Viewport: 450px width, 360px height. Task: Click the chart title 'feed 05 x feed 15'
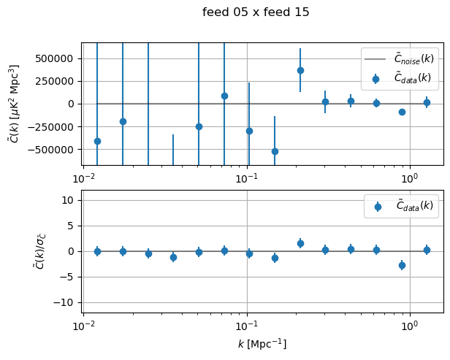256,12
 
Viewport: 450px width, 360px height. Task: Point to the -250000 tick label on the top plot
56,126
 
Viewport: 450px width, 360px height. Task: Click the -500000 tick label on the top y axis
56,149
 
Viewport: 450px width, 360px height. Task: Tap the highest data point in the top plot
300,70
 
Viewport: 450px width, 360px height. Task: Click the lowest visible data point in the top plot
275,151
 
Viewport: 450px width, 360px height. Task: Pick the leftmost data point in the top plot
97,141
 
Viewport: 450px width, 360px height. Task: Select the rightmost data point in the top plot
427,102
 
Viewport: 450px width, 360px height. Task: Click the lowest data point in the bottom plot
402,265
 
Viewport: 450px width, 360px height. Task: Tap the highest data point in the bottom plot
300,243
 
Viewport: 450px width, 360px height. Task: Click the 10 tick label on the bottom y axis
71,200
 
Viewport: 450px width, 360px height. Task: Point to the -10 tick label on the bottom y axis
68,302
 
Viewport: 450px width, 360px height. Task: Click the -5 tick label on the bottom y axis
71,277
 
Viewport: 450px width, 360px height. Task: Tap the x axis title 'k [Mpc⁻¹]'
262,344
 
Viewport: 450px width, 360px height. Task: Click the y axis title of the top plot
15,103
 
